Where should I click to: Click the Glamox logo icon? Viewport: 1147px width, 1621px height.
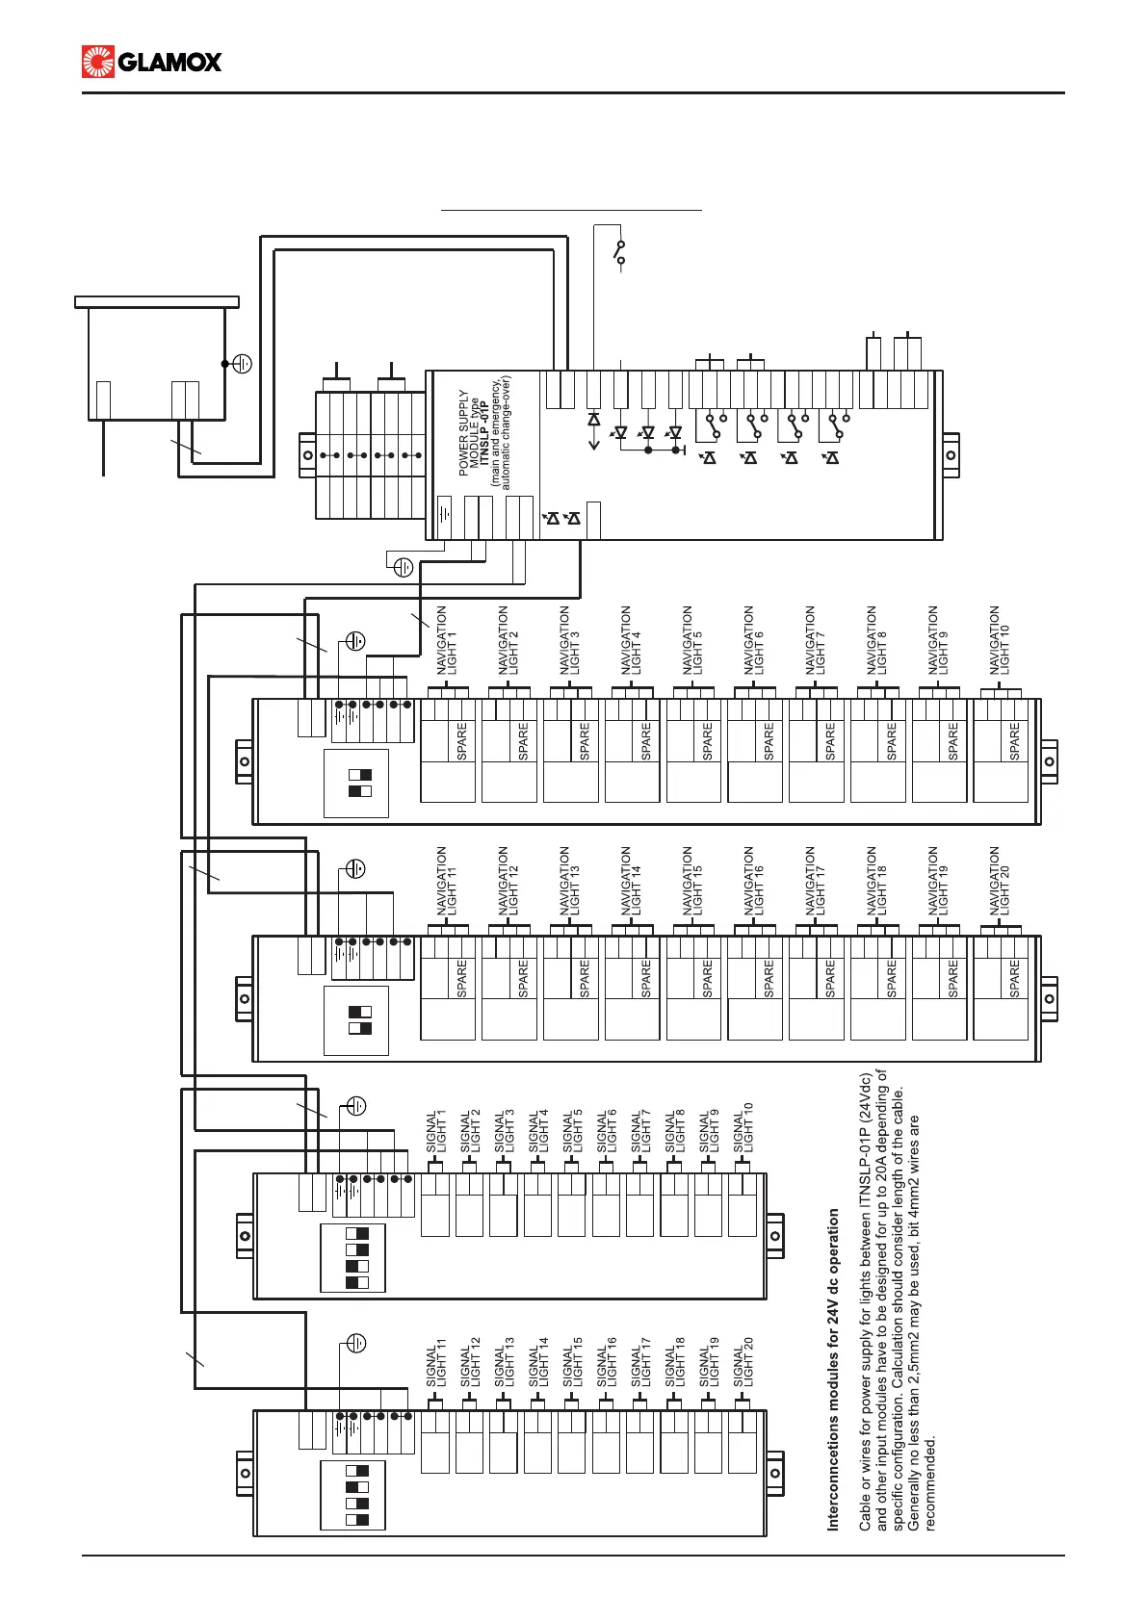(x=98, y=62)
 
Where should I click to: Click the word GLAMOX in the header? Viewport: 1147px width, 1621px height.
(x=170, y=63)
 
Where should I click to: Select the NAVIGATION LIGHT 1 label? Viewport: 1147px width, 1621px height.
(x=447, y=640)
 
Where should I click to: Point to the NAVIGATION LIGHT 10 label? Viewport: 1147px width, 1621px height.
(x=1000, y=640)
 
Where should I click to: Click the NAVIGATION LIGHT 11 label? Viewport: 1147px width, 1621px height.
(x=447, y=880)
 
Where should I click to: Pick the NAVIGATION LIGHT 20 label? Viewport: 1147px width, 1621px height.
(x=1000, y=880)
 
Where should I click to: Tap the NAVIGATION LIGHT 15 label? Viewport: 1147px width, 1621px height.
(x=692, y=880)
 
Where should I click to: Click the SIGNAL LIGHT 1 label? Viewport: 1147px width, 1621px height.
(x=437, y=1131)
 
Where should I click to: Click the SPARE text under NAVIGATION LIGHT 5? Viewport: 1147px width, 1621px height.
(x=708, y=741)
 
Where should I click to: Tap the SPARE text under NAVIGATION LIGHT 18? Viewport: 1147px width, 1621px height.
(x=892, y=978)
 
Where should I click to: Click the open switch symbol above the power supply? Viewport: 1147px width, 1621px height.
(x=620, y=252)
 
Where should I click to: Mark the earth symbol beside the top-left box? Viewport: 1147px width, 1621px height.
(x=243, y=364)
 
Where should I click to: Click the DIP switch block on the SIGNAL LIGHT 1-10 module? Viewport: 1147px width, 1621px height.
(x=352, y=1258)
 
